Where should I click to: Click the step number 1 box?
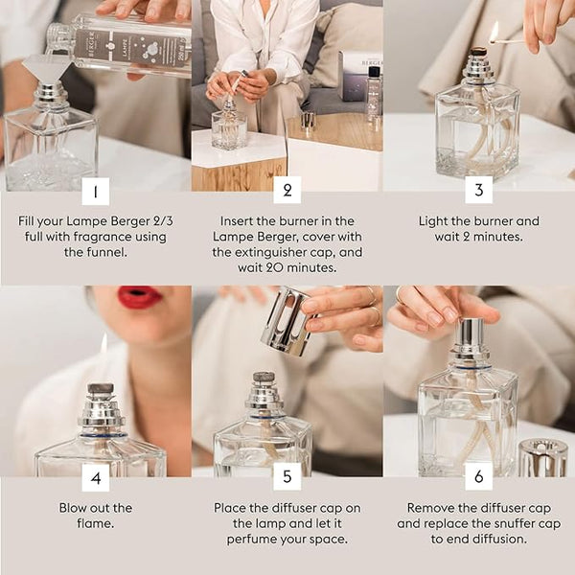click(x=95, y=191)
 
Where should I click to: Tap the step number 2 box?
click(x=287, y=190)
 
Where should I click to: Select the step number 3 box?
click(x=479, y=190)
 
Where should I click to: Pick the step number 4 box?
click(x=95, y=476)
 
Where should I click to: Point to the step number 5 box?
click(x=287, y=476)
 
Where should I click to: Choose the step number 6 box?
click(x=479, y=476)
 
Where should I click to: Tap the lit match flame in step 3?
click(x=494, y=32)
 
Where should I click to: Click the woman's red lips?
click(x=140, y=297)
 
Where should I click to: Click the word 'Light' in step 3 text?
click(x=437, y=220)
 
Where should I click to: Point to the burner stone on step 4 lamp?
click(x=100, y=390)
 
